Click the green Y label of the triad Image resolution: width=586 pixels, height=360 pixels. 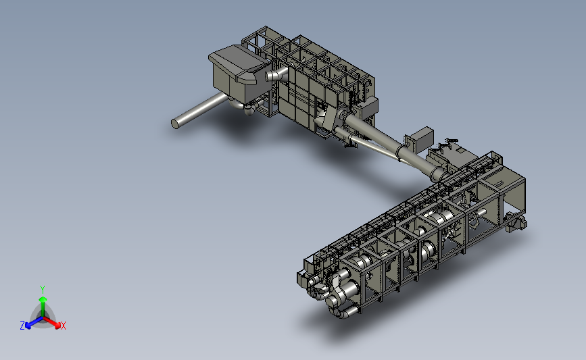coord(42,290)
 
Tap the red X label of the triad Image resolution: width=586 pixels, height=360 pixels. coord(63,326)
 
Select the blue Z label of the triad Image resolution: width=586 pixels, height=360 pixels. coord(22,326)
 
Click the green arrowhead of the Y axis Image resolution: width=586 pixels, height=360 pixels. coord(43,299)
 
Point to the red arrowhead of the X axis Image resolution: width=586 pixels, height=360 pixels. coord(57,326)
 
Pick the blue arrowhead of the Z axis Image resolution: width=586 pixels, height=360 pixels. coord(28,326)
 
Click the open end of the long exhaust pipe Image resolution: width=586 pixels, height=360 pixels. coord(175,124)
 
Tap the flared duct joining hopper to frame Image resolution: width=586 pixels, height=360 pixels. coord(276,74)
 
